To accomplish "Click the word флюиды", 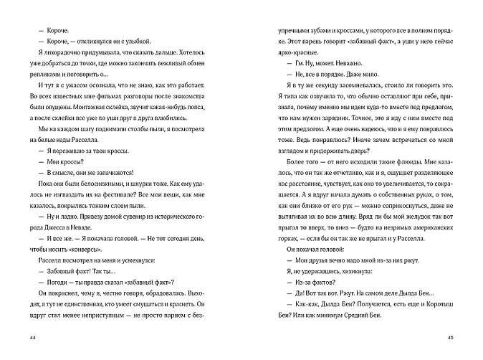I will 392,181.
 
